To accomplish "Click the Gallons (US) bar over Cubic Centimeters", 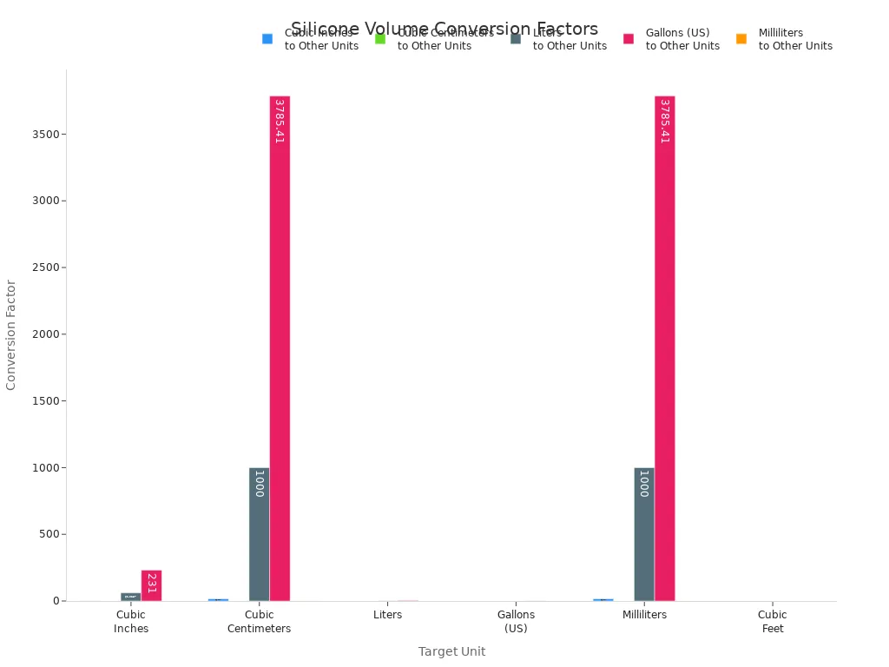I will click(x=280, y=347).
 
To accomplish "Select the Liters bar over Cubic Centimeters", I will click(x=259, y=534).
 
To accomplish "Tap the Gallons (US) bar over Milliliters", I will click(x=664, y=347).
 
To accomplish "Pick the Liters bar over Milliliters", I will click(x=643, y=534).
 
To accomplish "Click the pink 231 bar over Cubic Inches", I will click(x=151, y=585).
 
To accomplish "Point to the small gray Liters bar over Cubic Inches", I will click(x=130, y=597).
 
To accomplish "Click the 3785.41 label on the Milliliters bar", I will click(x=664, y=122).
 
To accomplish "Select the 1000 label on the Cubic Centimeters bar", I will click(x=259, y=484).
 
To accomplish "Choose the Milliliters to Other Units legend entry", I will click(x=794, y=39).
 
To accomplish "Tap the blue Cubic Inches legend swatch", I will click(x=267, y=39).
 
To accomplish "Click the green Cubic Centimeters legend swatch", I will click(x=380, y=39).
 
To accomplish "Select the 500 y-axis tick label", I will click(x=49, y=534).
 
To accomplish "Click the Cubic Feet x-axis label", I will click(x=772, y=621).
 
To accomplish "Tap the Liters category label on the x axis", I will click(x=387, y=615).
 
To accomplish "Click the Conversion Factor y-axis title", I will click(x=11, y=334).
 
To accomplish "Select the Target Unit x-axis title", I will click(x=451, y=651).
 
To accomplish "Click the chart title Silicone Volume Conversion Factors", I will click(x=444, y=29).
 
